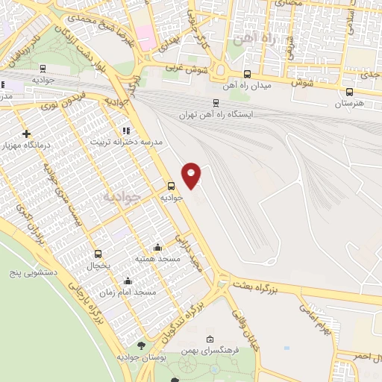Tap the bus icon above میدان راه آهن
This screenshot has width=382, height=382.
[247, 74]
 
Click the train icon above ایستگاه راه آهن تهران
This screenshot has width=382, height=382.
[216, 103]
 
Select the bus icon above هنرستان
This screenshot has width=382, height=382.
[350, 92]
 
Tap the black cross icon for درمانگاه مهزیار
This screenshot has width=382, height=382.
[27, 134]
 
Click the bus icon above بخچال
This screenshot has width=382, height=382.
[98, 254]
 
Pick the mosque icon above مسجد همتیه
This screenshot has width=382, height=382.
[157, 247]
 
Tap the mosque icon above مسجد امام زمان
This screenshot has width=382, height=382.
[128, 281]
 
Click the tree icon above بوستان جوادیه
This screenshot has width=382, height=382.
[142, 345]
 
